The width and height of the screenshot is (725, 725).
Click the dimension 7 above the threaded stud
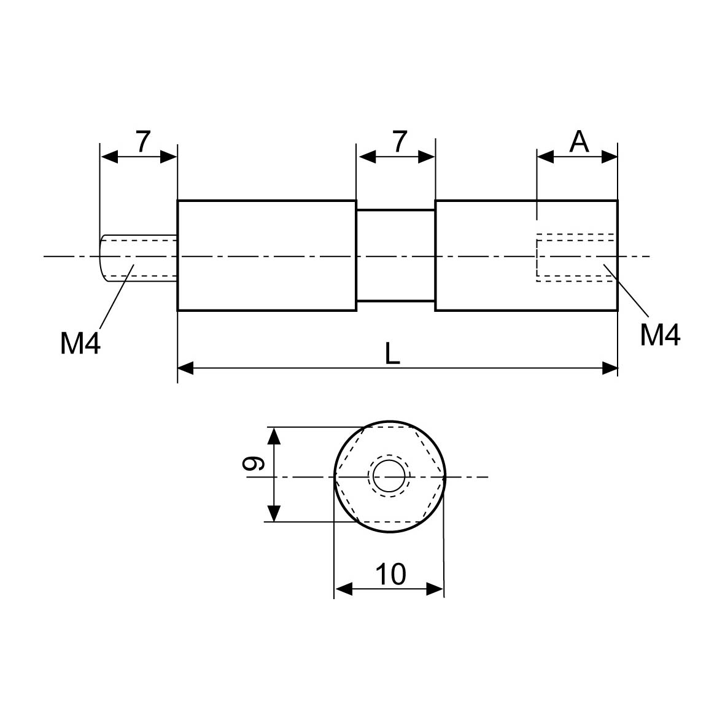(142, 142)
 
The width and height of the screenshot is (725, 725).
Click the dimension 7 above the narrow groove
(399, 142)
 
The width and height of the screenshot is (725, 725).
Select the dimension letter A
(579, 142)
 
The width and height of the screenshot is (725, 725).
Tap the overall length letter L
(392, 354)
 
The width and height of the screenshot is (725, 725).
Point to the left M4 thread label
(80, 343)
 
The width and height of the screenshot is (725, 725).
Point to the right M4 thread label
(660, 335)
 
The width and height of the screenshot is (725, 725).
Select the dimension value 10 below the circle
(390, 575)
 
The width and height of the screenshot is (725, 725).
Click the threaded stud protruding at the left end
(138, 257)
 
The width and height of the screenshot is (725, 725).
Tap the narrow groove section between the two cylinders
(395, 256)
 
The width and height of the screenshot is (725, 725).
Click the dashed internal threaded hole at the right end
(575, 257)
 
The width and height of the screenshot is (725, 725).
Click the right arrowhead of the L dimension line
(610, 368)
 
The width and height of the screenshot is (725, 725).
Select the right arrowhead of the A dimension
(610, 157)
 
